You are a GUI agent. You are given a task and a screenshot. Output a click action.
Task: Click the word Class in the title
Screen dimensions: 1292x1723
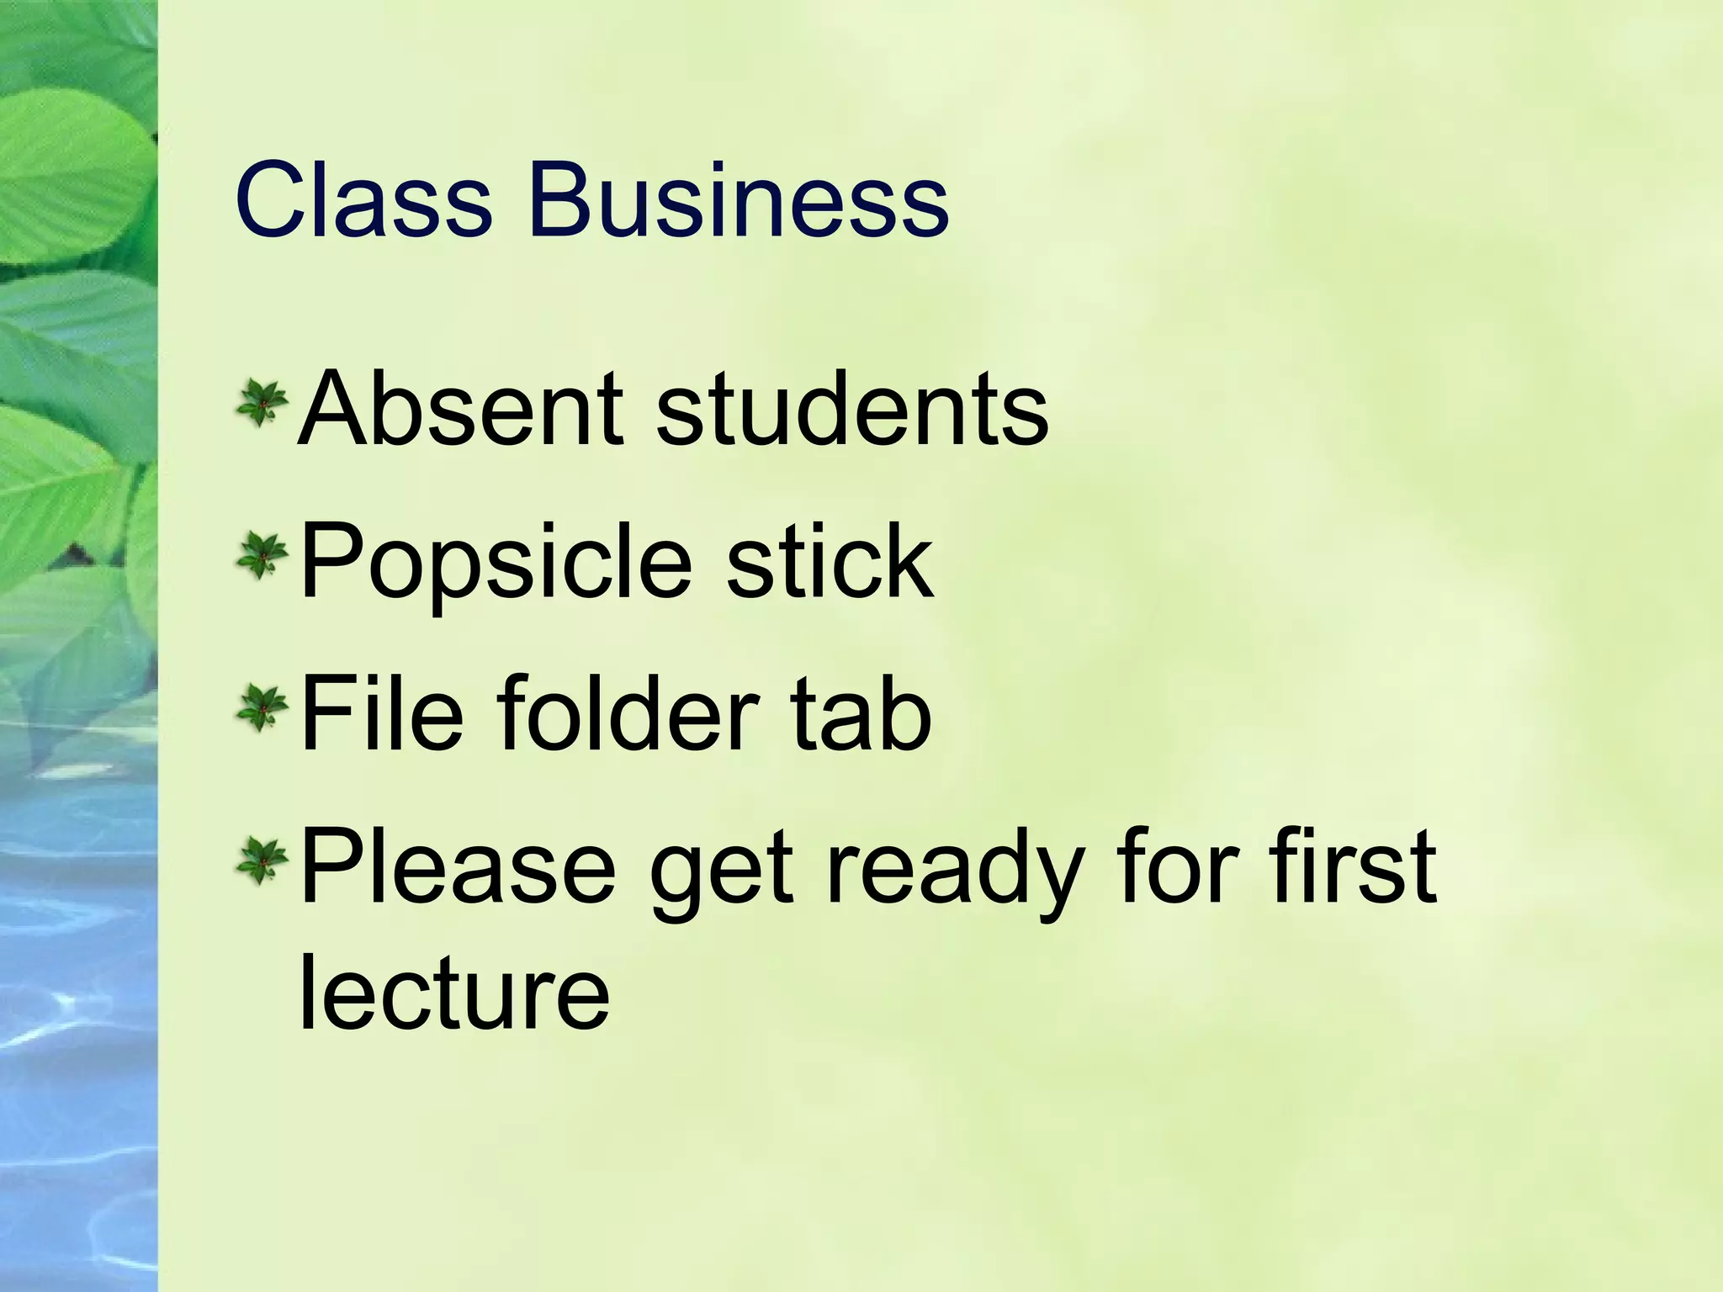point(363,202)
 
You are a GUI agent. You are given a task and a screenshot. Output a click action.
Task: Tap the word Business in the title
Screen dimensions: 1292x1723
point(738,202)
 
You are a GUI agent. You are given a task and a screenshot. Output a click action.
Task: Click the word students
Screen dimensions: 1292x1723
point(851,410)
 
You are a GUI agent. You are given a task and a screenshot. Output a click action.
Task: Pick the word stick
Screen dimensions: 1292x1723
point(830,562)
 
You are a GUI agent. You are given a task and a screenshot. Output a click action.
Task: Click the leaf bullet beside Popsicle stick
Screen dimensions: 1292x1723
point(262,557)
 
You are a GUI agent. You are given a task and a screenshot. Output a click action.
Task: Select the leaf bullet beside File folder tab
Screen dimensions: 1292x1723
point(262,709)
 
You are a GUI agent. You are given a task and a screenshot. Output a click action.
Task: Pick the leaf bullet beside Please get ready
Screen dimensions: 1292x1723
point(262,861)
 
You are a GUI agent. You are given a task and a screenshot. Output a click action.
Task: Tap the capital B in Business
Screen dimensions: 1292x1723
point(561,202)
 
